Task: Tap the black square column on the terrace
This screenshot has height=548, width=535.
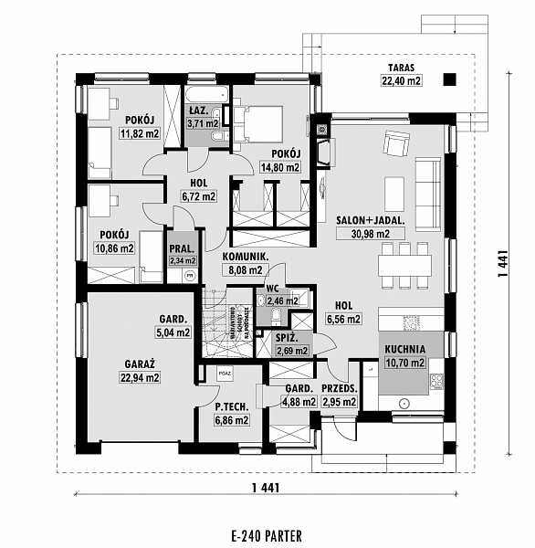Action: [x=447, y=80]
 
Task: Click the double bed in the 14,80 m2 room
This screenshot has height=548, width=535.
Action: [x=258, y=123]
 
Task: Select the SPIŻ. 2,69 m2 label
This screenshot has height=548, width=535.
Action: [x=292, y=343]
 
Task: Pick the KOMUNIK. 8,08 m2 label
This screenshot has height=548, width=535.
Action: [x=245, y=264]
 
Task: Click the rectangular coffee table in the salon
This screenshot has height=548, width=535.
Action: [x=393, y=192]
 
